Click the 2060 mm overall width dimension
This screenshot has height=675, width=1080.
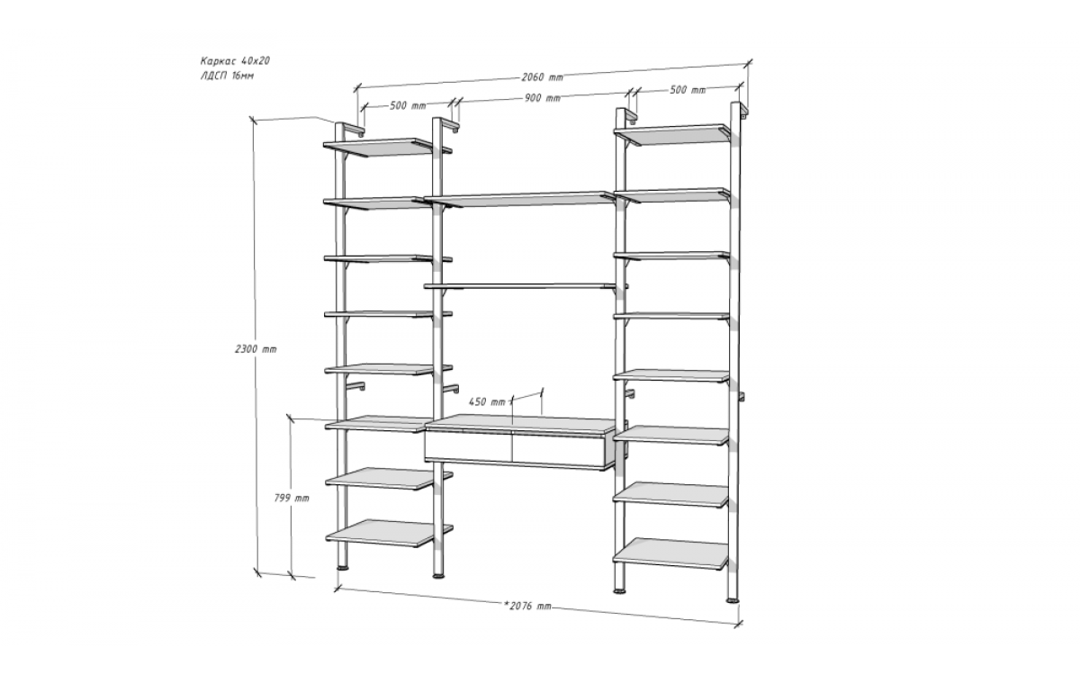[x=542, y=77]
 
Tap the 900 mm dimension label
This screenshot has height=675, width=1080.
[x=543, y=98]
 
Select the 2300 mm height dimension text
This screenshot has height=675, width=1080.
[x=256, y=349]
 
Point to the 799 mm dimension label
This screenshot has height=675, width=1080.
[x=292, y=498]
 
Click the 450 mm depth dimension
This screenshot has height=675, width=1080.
[x=487, y=401]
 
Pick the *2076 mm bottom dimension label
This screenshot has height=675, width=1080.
[x=527, y=606]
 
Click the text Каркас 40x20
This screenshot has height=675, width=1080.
[x=235, y=61]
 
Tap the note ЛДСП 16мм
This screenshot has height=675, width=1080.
[x=227, y=76]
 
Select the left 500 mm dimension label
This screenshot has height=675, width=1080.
[x=408, y=105]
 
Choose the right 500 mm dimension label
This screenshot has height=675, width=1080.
[x=688, y=90]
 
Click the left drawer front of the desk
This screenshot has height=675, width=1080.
[x=468, y=447]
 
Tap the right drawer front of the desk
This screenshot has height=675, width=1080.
[x=558, y=450]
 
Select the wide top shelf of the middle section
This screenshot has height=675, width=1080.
[x=521, y=199]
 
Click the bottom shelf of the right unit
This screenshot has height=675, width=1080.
[x=670, y=553]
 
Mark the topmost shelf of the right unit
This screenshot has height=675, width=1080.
[x=672, y=134]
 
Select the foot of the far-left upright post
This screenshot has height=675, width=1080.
[x=342, y=568]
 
